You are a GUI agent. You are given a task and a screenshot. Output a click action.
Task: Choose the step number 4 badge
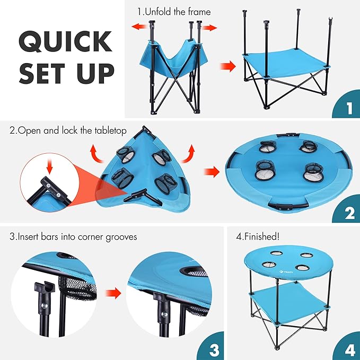[348, 349]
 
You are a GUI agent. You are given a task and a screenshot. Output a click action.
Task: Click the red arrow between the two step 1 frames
[227, 67]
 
